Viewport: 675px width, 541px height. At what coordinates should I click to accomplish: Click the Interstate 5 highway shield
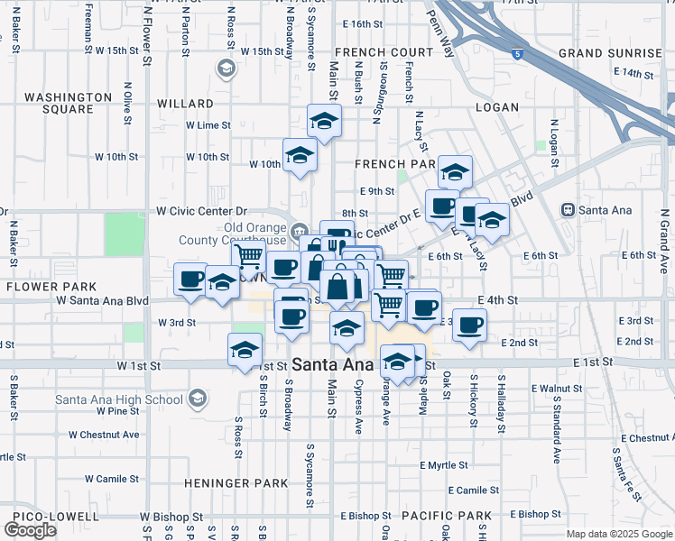point(515,54)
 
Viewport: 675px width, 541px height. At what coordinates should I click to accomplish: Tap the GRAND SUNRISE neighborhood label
point(609,53)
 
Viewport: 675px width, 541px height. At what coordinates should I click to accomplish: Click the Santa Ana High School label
point(119,399)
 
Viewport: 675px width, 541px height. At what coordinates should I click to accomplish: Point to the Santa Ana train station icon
point(568,210)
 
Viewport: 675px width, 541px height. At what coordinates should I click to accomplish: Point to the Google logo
point(31,530)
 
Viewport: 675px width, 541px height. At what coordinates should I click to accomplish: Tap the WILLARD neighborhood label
point(185,104)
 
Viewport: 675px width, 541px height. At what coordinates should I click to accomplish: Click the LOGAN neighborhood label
point(497,107)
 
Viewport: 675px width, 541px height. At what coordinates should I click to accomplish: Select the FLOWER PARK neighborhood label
point(43,286)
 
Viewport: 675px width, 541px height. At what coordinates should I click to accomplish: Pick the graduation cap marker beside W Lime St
point(324,121)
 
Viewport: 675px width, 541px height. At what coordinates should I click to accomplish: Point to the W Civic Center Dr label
point(201,210)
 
